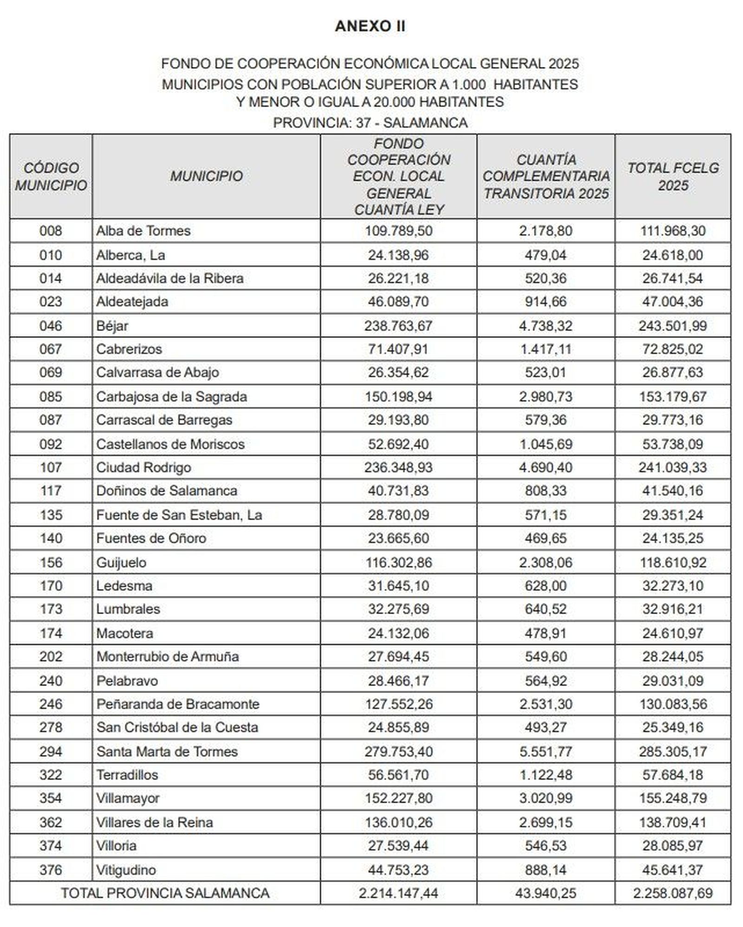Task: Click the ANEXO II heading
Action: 370,26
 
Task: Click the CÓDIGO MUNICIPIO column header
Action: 51,177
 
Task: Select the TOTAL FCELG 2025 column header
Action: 673,177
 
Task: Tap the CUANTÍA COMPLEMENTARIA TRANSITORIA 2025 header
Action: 546,177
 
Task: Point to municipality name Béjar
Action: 112,326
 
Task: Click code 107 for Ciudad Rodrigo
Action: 51,467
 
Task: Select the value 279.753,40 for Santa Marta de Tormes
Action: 398,752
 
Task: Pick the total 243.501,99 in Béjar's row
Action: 672,326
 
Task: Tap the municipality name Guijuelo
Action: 121,563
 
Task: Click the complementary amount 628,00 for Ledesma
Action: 546,586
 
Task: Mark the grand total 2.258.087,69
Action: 672,893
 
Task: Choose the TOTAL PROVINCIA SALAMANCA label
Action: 165,893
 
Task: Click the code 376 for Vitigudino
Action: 51,870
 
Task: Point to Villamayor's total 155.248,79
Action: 672,798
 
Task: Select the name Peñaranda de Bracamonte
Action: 178,704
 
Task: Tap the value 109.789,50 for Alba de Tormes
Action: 398,231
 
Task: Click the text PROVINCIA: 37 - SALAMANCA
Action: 370,123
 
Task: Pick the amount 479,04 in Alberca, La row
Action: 546,255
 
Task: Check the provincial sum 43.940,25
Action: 546,893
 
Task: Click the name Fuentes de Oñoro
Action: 151,538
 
